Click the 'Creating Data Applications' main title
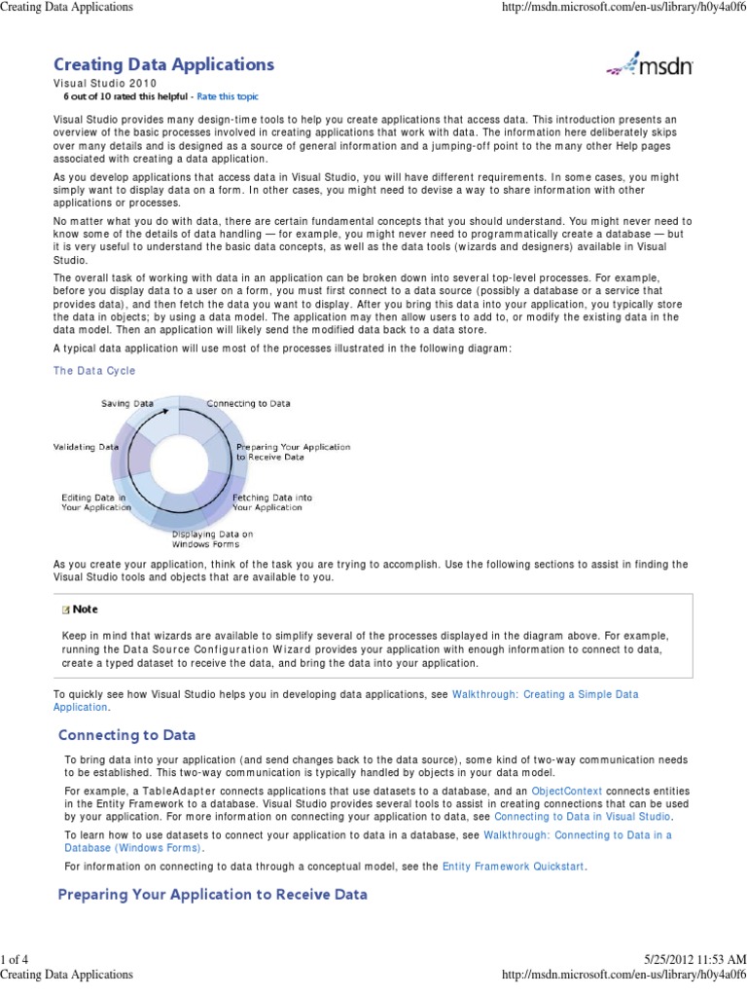(163, 65)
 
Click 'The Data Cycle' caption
(94, 371)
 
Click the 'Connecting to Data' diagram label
(248, 403)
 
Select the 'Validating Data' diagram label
(86, 447)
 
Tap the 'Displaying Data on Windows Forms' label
(212, 538)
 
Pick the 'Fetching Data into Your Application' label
(272, 502)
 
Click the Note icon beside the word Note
(65, 609)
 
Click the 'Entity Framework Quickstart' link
(514, 866)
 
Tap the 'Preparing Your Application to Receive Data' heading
(213, 894)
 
